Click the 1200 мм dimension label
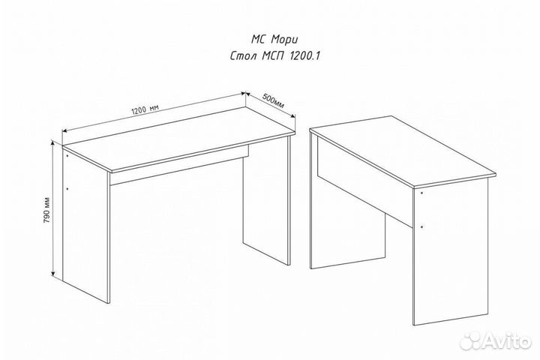[x=145, y=109]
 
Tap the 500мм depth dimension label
[x=274, y=100]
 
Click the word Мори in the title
[x=284, y=39]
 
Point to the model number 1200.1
[x=303, y=55]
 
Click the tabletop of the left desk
[x=178, y=138]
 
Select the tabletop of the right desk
[x=403, y=151]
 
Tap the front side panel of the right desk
[x=451, y=251]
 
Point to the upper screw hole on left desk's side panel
[x=67, y=155]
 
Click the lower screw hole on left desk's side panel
[x=67, y=188]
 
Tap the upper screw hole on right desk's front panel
[x=421, y=193]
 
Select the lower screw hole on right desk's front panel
[x=421, y=226]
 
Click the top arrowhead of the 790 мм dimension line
[x=52, y=142]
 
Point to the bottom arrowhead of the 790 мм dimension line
[x=52, y=274]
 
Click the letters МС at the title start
[x=258, y=39]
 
